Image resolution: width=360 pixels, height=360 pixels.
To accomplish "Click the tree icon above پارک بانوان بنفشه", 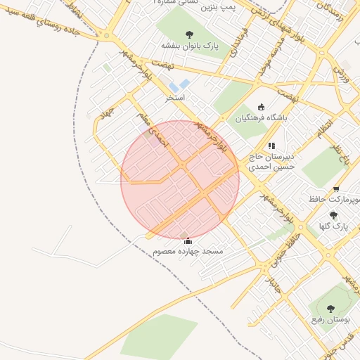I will (x=189, y=34).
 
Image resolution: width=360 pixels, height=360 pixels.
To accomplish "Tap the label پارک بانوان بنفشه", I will (x=190, y=45).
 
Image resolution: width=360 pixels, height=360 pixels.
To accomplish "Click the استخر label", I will (x=175, y=97).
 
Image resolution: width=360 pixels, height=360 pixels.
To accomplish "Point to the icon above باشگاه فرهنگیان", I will (x=262, y=107).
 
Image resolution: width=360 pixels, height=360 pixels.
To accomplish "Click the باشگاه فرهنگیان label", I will (x=262, y=118).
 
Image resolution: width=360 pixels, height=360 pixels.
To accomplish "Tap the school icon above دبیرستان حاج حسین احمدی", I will (x=271, y=146).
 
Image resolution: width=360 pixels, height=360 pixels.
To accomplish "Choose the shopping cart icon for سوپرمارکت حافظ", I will (x=337, y=189).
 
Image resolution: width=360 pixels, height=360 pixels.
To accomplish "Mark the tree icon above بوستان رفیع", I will (x=332, y=308).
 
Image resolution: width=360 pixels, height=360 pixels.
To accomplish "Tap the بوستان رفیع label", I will (x=331, y=319).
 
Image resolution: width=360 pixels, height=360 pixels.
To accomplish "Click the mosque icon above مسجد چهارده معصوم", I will (x=187, y=241).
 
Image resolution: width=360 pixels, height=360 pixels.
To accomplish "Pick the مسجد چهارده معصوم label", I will (x=187, y=251).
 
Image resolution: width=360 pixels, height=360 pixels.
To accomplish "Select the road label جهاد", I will (x=107, y=113).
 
